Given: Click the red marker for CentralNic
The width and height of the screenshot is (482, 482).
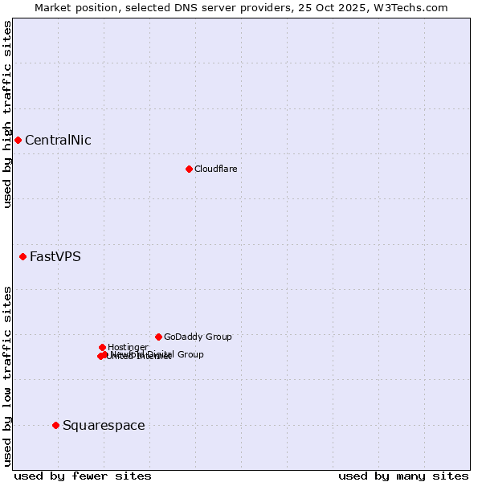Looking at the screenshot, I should point(18,140).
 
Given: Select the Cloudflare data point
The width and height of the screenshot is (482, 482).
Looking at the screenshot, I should point(189,169).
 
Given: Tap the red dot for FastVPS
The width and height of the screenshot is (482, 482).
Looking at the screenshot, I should point(22,256).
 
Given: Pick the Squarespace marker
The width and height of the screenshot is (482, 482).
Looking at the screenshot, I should point(55,425).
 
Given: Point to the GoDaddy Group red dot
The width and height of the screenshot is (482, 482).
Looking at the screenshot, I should point(158,337).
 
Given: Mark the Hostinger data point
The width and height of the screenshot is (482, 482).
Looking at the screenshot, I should point(102,347).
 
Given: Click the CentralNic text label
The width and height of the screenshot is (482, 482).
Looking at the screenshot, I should point(58,141).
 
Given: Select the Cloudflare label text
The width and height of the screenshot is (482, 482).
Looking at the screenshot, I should point(215,170).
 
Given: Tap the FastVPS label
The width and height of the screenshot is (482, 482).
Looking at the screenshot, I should point(55,257).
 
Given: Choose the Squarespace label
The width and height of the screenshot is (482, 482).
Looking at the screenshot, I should point(104,426).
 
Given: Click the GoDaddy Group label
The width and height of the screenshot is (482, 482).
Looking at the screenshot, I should point(198,337).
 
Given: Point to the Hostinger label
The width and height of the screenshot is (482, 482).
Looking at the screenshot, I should point(128,347).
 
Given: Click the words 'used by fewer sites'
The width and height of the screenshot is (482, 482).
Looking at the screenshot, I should point(83,476).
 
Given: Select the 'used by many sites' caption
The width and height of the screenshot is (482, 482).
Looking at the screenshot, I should point(403,476).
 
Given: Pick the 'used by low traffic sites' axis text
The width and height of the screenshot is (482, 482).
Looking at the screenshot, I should point(7,376).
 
